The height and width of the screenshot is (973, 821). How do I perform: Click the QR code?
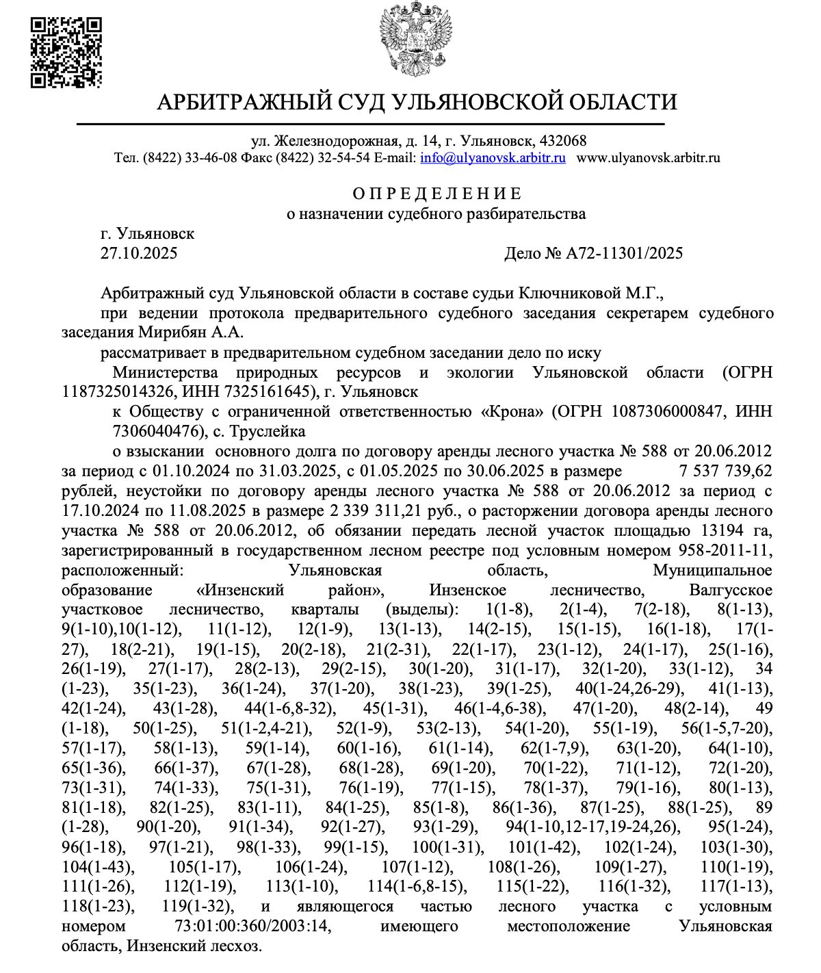tap(66, 53)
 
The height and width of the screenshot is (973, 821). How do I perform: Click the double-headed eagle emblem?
tap(417, 39)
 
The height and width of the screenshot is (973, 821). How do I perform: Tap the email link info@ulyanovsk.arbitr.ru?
tap(493, 158)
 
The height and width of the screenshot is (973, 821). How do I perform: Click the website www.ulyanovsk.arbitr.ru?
tap(649, 158)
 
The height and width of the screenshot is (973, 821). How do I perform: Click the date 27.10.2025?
tap(139, 254)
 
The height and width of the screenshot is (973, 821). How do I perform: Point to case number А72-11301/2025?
tap(624, 254)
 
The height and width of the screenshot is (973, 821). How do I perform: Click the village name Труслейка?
tap(269, 432)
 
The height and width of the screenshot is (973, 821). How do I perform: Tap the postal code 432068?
tap(562, 142)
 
